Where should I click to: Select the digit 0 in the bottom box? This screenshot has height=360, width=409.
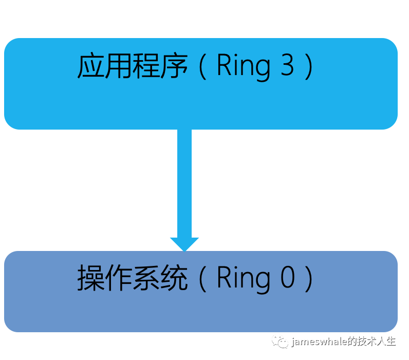[x=287, y=278]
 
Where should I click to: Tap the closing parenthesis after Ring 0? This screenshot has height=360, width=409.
[x=308, y=279]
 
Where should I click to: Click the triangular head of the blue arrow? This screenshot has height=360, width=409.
[x=184, y=244]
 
